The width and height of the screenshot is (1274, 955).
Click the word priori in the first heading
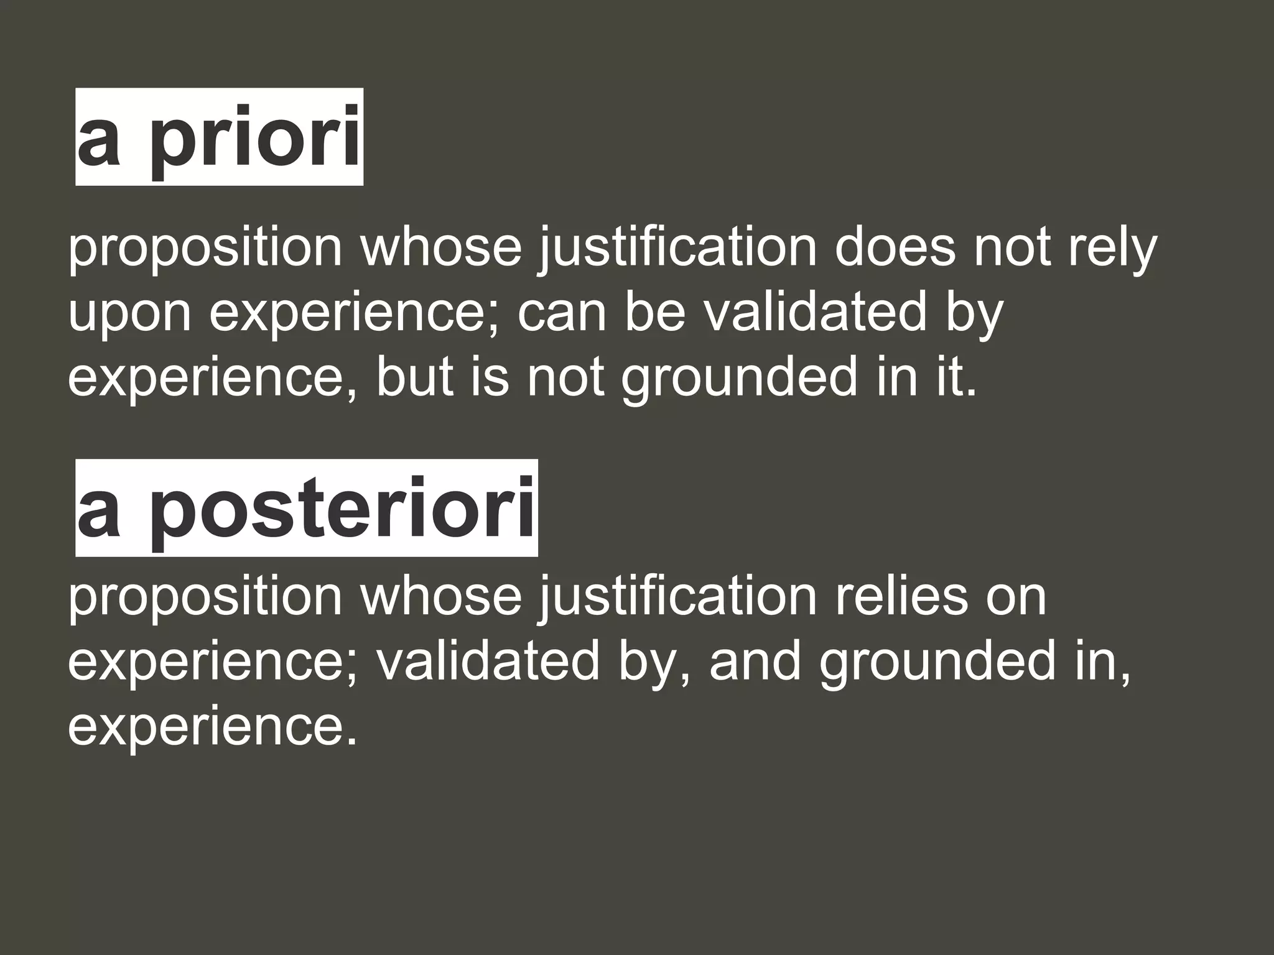[255, 138]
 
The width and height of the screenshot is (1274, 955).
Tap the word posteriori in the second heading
[342, 509]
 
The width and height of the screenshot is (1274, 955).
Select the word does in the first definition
[895, 247]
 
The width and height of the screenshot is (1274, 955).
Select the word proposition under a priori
[205, 249]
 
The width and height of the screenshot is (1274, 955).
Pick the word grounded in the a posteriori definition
[937, 663]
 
